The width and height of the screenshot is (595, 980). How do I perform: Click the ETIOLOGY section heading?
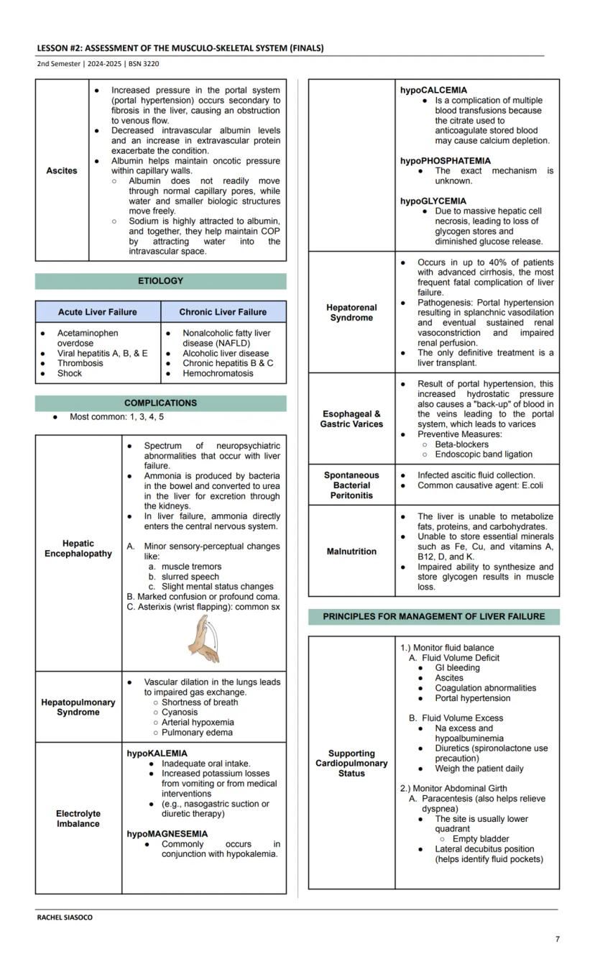click(160, 281)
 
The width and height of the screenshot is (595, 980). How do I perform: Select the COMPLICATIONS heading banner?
click(160, 403)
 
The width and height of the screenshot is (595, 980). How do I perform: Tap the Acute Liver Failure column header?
click(98, 312)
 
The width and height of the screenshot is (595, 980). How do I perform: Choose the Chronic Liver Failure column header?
click(223, 312)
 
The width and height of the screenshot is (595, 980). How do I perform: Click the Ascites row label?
click(62, 171)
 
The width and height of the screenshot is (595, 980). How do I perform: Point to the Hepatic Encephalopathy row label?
click(78, 549)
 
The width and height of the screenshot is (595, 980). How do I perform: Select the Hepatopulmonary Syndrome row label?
click(78, 707)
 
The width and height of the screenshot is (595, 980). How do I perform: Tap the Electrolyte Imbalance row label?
click(78, 819)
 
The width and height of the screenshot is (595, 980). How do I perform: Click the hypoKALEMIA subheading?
click(157, 754)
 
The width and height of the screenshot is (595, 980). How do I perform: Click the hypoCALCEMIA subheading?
click(433, 91)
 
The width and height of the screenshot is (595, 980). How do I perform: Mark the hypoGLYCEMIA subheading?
click(433, 201)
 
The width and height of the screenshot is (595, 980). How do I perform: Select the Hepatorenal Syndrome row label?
click(351, 313)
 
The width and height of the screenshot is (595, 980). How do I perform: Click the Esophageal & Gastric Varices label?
click(351, 419)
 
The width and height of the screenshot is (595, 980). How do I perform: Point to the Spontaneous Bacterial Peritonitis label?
click(351, 485)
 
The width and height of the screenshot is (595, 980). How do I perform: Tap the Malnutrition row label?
click(351, 551)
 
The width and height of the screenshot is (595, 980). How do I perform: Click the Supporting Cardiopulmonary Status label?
click(351, 764)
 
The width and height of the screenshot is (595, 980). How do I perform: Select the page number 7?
click(557, 939)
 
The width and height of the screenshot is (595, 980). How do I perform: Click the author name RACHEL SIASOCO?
click(65, 917)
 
